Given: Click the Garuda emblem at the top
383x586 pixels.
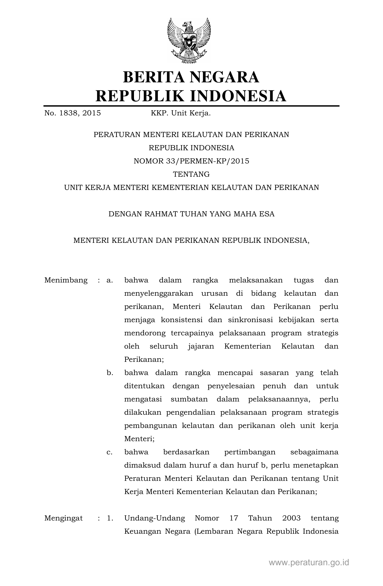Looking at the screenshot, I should (x=189, y=41).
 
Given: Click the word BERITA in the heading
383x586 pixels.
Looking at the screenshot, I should (x=154, y=77).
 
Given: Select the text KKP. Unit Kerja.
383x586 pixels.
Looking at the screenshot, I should (x=181, y=113).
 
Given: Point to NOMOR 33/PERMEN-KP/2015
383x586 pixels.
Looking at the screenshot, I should (x=191, y=161).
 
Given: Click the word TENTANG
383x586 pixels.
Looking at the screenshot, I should (x=191, y=174).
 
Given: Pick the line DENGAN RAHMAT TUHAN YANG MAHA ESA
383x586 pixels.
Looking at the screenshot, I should (x=191, y=214).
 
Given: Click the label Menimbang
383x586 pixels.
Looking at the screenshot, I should (x=66, y=280).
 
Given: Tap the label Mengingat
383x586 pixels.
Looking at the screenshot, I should (x=64, y=518).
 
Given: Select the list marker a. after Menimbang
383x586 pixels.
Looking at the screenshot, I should (x=110, y=280).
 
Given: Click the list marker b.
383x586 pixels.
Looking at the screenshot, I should (x=110, y=373).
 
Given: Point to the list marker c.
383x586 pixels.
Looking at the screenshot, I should (x=110, y=452).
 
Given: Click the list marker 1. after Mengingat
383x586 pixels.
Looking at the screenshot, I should (x=110, y=518).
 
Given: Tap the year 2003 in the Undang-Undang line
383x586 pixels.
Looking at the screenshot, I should (x=291, y=518).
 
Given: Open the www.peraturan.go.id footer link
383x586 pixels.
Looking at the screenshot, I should (x=309, y=563).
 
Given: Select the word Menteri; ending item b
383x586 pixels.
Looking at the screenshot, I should (x=139, y=439).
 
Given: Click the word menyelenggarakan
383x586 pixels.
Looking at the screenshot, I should (x=159, y=294).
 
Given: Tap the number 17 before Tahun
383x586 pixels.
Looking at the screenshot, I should (x=234, y=518).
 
